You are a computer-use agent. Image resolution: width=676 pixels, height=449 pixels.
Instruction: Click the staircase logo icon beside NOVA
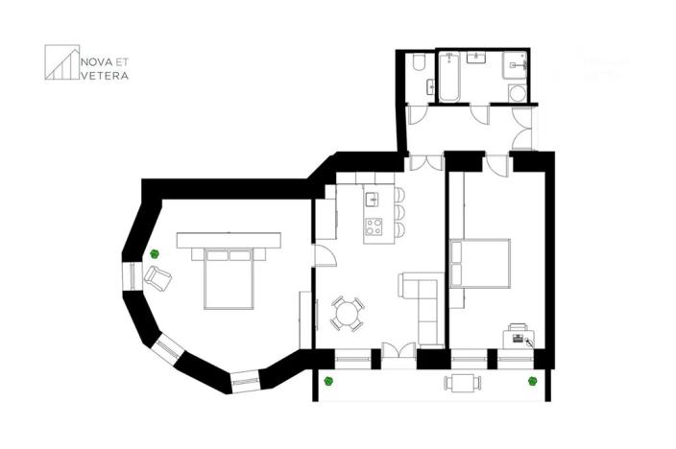tap(61, 62)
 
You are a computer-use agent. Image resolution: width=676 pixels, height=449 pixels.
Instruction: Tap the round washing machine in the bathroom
tap(517, 93)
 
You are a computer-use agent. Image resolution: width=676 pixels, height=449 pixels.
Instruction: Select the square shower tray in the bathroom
tap(516, 64)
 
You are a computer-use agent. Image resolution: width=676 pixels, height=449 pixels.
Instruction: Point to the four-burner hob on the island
tap(374, 227)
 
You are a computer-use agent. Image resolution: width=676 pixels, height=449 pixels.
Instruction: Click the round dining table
tap(348, 313)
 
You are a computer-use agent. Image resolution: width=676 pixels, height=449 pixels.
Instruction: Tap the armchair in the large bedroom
tap(158, 278)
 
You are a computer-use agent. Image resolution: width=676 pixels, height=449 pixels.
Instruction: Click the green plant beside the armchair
tap(154, 253)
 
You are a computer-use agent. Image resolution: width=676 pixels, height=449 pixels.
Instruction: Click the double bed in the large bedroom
tap(230, 275)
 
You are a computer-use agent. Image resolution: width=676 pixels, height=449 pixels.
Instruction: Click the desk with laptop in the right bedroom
tap(518, 337)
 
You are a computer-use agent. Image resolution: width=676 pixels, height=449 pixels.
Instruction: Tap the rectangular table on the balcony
tap(464, 382)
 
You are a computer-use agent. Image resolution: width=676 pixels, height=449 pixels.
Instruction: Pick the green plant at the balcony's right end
tap(531, 381)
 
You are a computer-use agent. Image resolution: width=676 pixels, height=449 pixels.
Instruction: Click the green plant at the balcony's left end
tap(327, 381)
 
